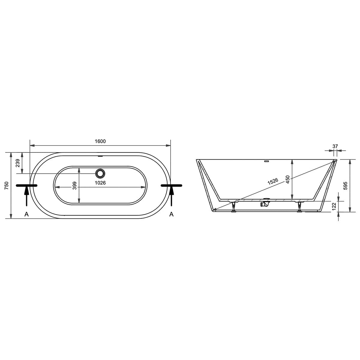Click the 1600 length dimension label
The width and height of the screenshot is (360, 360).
pyautogui.click(x=100, y=141)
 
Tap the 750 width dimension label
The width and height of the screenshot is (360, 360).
pyautogui.click(x=7, y=185)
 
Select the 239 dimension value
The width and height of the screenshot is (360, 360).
pyautogui.click(x=18, y=163)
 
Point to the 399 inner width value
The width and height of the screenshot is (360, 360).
pyautogui.click(x=74, y=185)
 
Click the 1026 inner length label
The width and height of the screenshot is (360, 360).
pyautogui.click(x=100, y=183)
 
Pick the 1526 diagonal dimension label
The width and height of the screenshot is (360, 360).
pyautogui.click(x=273, y=181)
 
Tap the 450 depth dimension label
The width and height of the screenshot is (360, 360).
pyautogui.click(x=288, y=179)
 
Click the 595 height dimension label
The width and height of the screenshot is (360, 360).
pyautogui.click(x=345, y=186)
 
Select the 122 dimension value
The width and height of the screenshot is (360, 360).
pyautogui.click(x=334, y=206)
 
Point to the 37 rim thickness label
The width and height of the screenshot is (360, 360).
pyautogui.click(x=335, y=146)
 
